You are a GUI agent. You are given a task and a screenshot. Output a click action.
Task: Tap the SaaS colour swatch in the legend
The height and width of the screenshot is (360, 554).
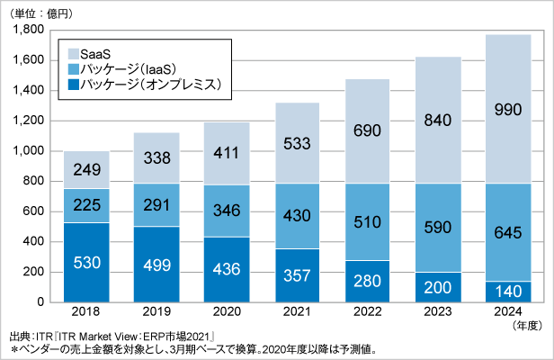click(x=67, y=53)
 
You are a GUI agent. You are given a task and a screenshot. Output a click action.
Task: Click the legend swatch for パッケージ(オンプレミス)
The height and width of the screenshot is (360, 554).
click(x=67, y=85)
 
